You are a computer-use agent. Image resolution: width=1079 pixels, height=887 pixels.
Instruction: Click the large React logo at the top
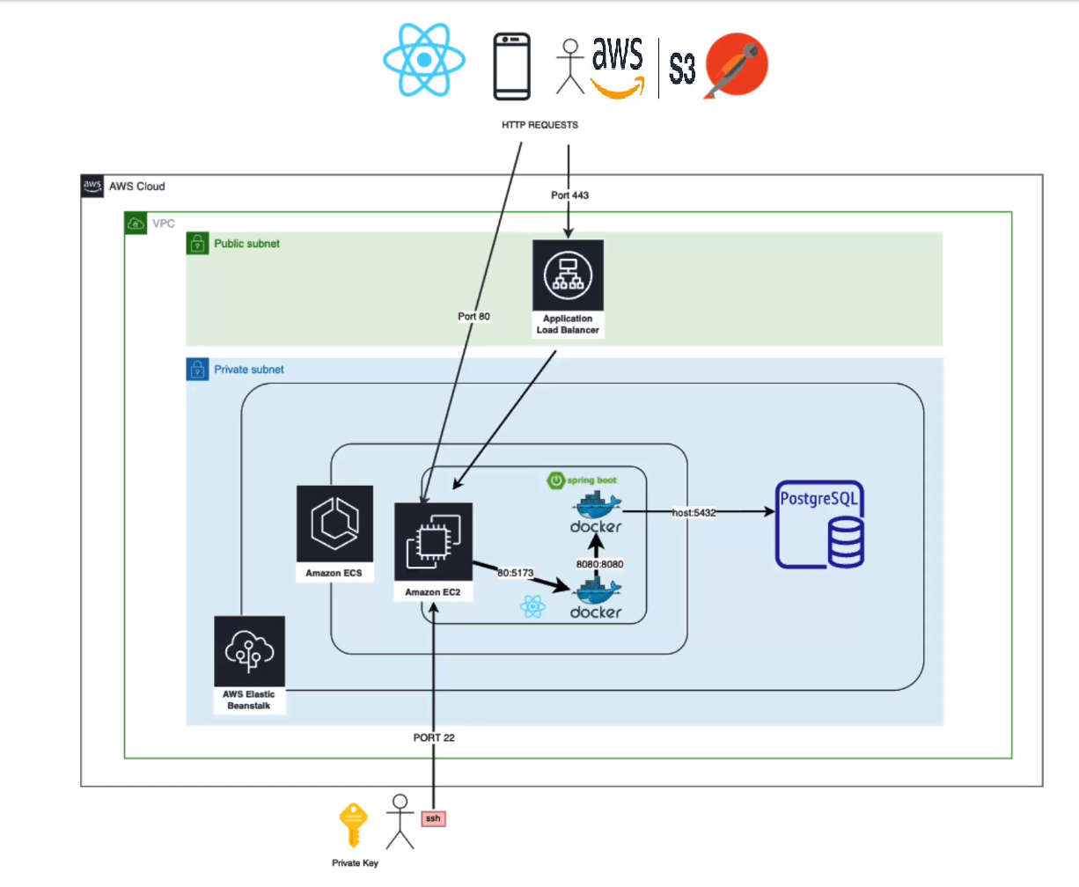click(x=424, y=60)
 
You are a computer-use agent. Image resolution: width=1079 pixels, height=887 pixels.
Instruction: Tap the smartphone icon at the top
click(x=511, y=66)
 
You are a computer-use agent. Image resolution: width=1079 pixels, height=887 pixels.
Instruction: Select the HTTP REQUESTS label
click(x=539, y=125)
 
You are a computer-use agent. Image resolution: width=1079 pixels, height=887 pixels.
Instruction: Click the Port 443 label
click(x=569, y=195)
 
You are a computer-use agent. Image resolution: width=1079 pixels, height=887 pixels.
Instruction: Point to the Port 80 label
click(x=473, y=316)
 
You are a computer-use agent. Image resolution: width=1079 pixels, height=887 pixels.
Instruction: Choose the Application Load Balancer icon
click(x=568, y=275)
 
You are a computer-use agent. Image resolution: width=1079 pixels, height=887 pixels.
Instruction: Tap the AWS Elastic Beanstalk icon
click(x=249, y=651)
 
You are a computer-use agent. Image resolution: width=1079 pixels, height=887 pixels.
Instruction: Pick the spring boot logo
click(x=583, y=480)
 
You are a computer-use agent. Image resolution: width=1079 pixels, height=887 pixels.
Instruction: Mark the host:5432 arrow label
click(x=694, y=512)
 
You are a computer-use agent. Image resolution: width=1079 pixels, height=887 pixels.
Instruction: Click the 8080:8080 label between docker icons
click(x=599, y=564)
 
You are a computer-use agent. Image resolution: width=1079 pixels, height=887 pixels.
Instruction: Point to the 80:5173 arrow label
click(x=515, y=573)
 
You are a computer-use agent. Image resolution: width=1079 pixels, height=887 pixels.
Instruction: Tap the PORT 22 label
click(x=434, y=737)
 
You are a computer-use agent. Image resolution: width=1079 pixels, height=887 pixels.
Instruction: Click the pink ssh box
click(x=432, y=818)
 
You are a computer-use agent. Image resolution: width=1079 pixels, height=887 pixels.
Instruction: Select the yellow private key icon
click(x=353, y=825)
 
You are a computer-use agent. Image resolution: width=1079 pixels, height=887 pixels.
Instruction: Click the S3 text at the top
click(x=682, y=68)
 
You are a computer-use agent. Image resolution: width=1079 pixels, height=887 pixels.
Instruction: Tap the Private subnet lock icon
click(x=198, y=369)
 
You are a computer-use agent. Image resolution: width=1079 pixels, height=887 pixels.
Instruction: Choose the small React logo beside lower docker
click(x=532, y=606)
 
